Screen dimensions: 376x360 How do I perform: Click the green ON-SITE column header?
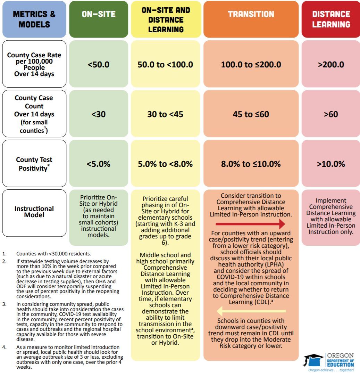(99, 19)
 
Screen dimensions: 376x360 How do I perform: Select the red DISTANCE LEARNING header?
(331, 19)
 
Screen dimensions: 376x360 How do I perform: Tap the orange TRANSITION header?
(251, 19)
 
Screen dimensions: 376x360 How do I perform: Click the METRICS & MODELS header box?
(34, 19)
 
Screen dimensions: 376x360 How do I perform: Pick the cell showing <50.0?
(99, 65)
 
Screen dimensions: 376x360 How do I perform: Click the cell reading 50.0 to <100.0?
(165, 65)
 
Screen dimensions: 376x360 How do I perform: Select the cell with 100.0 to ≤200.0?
(251, 65)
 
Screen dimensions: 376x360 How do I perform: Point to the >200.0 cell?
(331, 65)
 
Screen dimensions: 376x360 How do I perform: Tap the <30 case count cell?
(99, 114)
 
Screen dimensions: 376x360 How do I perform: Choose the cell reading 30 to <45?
(165, 114)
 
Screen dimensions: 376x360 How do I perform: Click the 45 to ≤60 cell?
(251, 114)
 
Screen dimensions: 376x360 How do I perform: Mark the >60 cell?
(331, 114)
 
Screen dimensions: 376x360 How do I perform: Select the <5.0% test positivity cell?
(99, 164)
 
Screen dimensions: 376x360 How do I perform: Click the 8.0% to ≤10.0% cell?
(251, 164)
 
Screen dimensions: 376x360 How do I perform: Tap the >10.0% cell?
(331, 164)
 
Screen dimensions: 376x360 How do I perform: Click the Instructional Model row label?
(34, 212)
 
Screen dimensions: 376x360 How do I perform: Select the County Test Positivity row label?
(34, 164)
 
